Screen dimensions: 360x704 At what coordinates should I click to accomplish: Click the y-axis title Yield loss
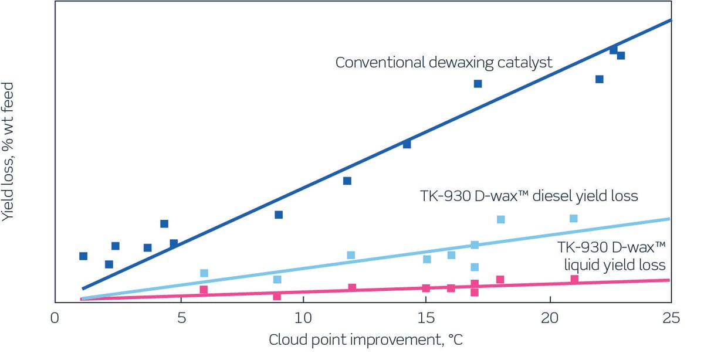[x=9, y=151]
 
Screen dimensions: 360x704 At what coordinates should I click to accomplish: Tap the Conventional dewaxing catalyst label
[x=444, y=62]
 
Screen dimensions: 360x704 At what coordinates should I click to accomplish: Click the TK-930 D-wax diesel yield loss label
[x=528, y=195]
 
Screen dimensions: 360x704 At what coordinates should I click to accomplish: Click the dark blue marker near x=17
[x=478, y=84]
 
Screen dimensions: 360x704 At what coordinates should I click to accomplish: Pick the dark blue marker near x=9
[x=279, y=215]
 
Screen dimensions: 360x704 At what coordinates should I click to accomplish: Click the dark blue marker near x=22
[x=599, y=79]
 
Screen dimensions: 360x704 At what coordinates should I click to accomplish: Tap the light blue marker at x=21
[x=574, y=218]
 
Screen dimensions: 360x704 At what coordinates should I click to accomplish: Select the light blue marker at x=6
[x=204, y=273]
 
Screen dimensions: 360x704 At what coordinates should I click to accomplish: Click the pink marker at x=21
[x=574, y=279]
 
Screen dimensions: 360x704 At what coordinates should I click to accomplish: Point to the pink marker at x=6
[x=204, y=290]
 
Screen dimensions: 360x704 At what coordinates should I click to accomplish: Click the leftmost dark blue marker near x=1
[x=83, y=256]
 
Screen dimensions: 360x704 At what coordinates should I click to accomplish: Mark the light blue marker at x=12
[x=351, y=255]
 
